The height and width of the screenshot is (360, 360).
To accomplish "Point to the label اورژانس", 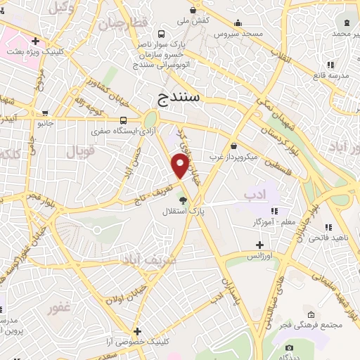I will click(x=259, y=255).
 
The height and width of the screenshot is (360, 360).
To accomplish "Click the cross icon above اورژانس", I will click(x=259, y=245).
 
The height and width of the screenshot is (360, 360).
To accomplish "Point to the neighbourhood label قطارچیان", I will click(x=123, y=23).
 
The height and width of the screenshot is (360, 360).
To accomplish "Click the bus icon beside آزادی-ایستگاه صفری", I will click(x=123, y=120).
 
